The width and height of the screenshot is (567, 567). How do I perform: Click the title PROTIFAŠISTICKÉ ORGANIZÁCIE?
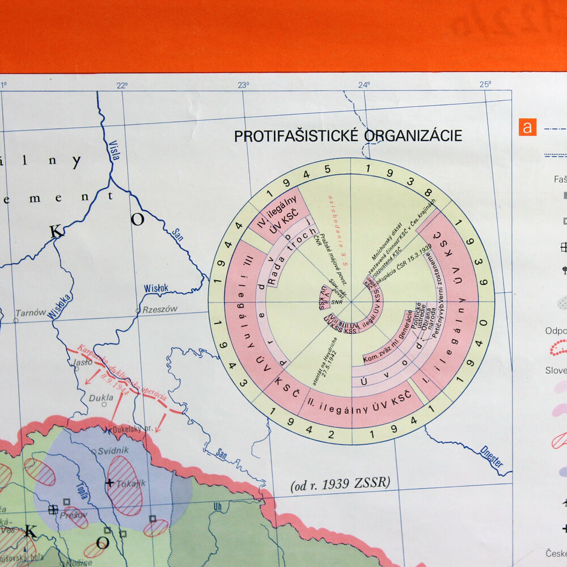tap(348, 136)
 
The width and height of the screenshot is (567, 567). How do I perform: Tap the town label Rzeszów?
tap(160, 309)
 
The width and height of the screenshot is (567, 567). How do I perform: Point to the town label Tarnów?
tap(31, 312)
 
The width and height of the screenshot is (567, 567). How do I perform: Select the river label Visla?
tap(115, 150)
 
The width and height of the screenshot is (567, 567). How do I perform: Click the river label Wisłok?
tap(155, 288)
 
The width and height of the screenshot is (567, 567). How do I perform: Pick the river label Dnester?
tap(491, 455)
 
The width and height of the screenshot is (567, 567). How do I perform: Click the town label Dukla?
tap(101, 398)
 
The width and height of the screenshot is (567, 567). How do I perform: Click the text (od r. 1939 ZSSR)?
tap(340, 484)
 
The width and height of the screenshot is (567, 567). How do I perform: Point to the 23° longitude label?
tap(243, 85)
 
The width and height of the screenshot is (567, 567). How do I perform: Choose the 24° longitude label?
tap(364, 85)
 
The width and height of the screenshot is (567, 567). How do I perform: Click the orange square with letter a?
tap(527, 127)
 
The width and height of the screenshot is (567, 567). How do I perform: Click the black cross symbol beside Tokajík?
tap(109, 483)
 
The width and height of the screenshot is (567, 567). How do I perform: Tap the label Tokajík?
tap(131, 484)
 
